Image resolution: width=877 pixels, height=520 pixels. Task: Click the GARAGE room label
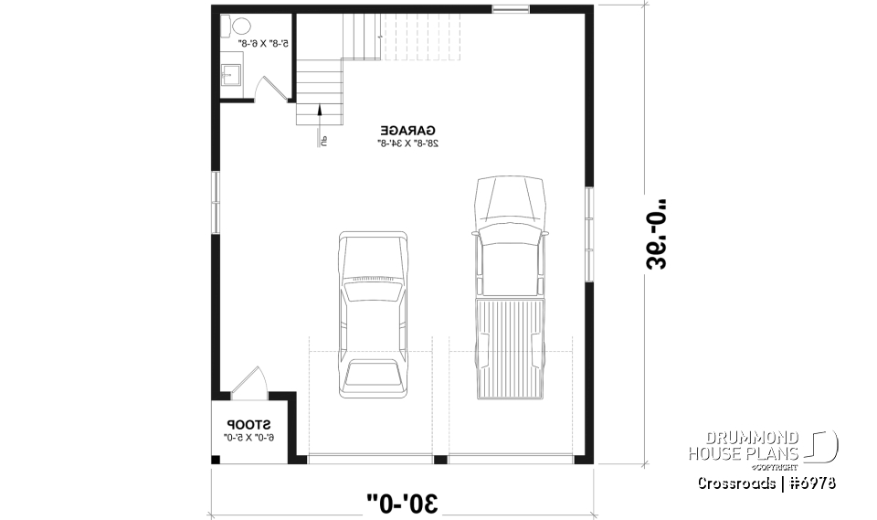[x=407, y=130]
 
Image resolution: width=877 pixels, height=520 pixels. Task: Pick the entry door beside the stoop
[x=248, y=386]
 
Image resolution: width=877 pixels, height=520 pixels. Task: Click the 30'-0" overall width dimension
[x=403, y=501]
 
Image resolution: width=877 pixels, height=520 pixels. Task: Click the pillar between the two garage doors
[x=440, y=460]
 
